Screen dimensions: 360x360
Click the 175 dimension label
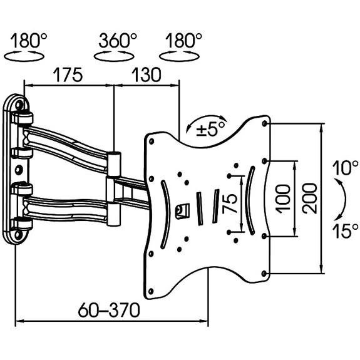coord(68,75)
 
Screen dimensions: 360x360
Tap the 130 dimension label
coord(147,75)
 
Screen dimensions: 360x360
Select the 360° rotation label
coord(118,41)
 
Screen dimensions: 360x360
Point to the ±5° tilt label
coord(210,130)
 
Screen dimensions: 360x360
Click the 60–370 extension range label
coord(109,310)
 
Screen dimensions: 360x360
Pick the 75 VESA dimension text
coord(230,204)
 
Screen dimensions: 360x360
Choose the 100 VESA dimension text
coord(282,199)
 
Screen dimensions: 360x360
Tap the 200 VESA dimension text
coord(309,198)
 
